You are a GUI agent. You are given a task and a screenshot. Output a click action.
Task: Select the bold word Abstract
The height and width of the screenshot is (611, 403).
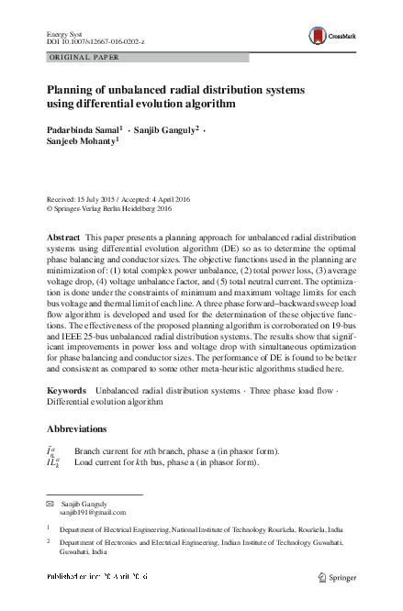(x=63, y=237)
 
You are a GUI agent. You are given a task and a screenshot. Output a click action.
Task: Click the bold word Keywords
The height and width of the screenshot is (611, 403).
(x=66, y=391)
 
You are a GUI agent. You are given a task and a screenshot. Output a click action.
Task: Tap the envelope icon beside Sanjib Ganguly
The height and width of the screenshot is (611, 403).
(x=50, y=504)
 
